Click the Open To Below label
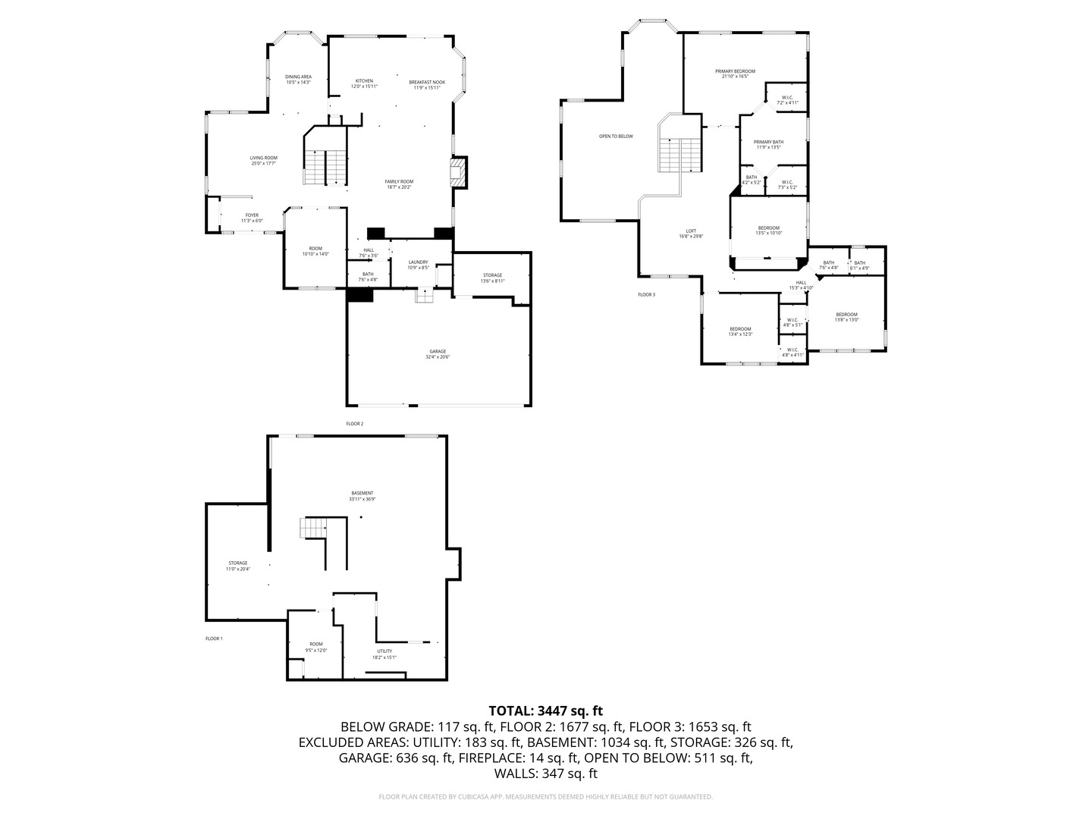click(x=616, y=136)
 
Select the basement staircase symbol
click(x=313, y=528)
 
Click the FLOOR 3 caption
click(x=646, y=294)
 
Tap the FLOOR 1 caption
click(x=214, y=639)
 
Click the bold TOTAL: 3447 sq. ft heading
click(x=545, y=711)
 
